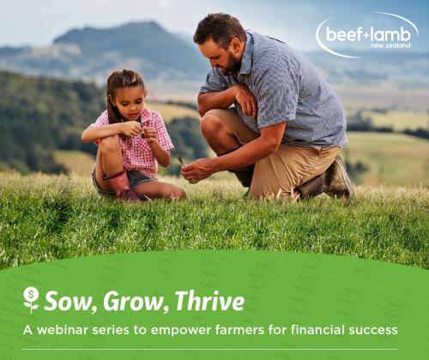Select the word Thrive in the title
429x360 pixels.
(x=208, y=301)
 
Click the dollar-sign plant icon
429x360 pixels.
(x=31, y=300)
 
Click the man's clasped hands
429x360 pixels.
(x=198, y=167)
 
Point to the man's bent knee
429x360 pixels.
(x=216, y=120)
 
